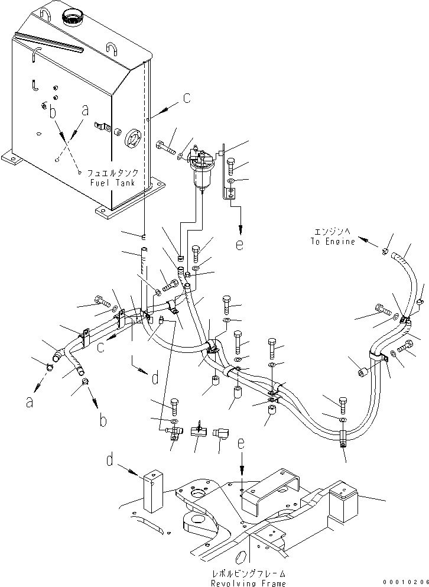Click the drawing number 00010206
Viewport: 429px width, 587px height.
404,582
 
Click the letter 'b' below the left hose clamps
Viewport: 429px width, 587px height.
103,420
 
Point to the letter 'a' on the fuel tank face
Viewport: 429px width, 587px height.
85,110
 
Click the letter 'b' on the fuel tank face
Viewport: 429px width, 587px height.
53,111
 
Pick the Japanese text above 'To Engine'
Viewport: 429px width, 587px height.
333,232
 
